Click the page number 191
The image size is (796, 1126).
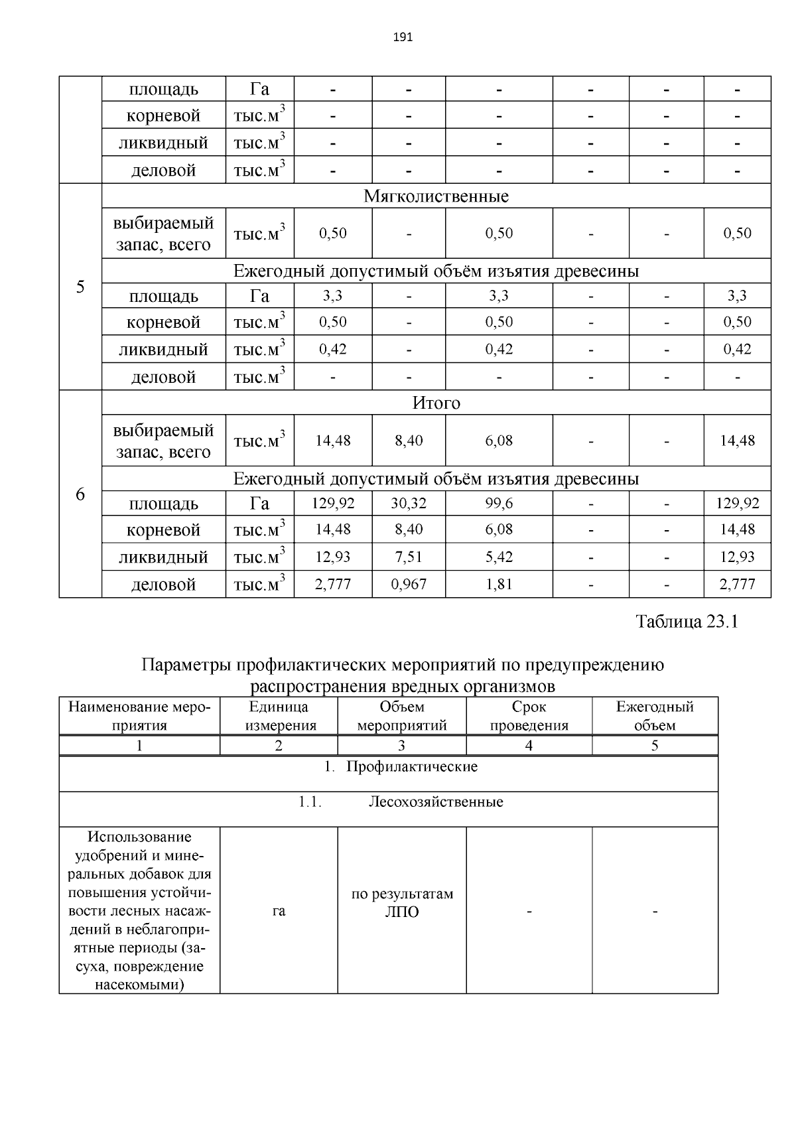[403, 37]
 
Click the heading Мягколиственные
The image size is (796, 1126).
[436, 196]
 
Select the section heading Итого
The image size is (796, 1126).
[436, 403]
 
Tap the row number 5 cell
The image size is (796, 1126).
[80, 287]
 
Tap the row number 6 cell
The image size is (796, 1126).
[80, 494]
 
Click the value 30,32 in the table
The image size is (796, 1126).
[409, 504]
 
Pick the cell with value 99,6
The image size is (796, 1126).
[499, 504]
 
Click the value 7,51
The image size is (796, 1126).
[409, 557]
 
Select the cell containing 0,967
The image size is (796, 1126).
[409, 585]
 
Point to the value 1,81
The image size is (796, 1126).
[499, 585]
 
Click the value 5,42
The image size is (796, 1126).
[499, 557]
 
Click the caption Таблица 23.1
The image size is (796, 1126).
[687, 622]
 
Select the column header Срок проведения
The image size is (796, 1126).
[529, 716]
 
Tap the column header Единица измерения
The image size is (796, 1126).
[279, 716]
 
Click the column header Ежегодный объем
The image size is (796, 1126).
[654, 716]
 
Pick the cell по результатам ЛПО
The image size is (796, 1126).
[402, 903]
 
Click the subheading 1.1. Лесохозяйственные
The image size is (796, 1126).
[400, 802]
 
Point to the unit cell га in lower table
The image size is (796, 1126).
[279, 912]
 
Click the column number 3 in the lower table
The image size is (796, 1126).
[401, 746]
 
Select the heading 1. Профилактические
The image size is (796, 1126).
[401, 767]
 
